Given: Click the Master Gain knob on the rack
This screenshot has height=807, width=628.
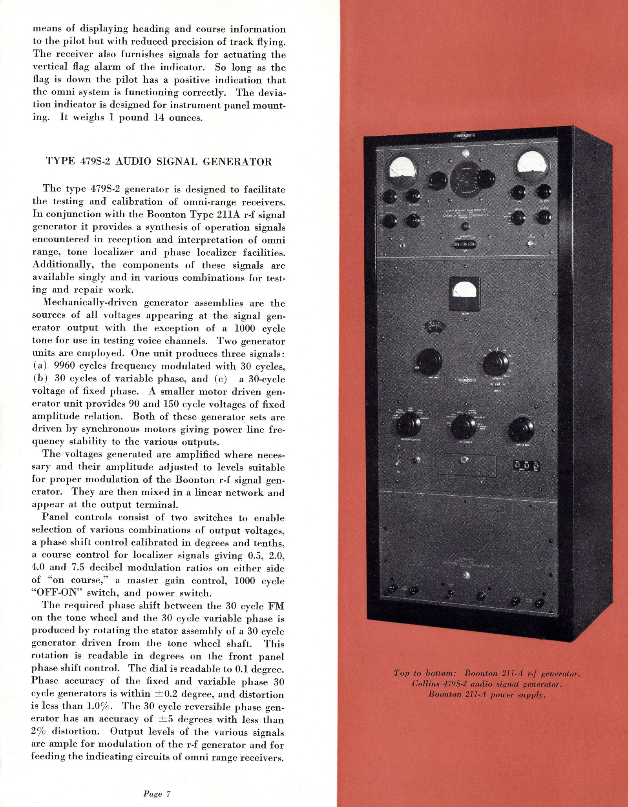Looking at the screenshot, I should tap(521, 430).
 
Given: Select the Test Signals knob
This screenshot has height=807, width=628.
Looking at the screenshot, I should tap(464, 427).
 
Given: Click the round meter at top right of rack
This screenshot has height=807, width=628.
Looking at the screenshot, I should tap(532, 165).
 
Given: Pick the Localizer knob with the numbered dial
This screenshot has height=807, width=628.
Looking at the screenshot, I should tap(495, 363).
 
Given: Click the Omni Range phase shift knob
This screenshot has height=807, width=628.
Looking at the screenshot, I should tap(429, 362).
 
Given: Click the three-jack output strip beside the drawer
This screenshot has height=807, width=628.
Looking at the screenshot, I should tap(526, 466).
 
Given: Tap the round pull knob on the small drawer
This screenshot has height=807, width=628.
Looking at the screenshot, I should tap(466, 460).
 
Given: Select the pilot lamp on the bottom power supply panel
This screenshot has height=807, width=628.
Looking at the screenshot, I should tap(466, 575).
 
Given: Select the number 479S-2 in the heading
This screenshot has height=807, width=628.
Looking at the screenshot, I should tap(95, 162).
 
